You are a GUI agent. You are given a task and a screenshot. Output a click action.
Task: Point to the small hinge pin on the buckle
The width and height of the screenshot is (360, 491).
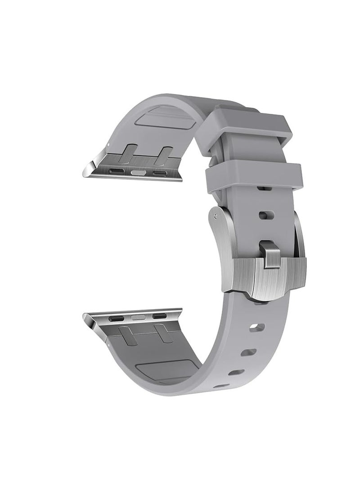[214, 219]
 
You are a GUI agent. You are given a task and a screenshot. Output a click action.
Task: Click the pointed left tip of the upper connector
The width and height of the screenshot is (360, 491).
[86, 171]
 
